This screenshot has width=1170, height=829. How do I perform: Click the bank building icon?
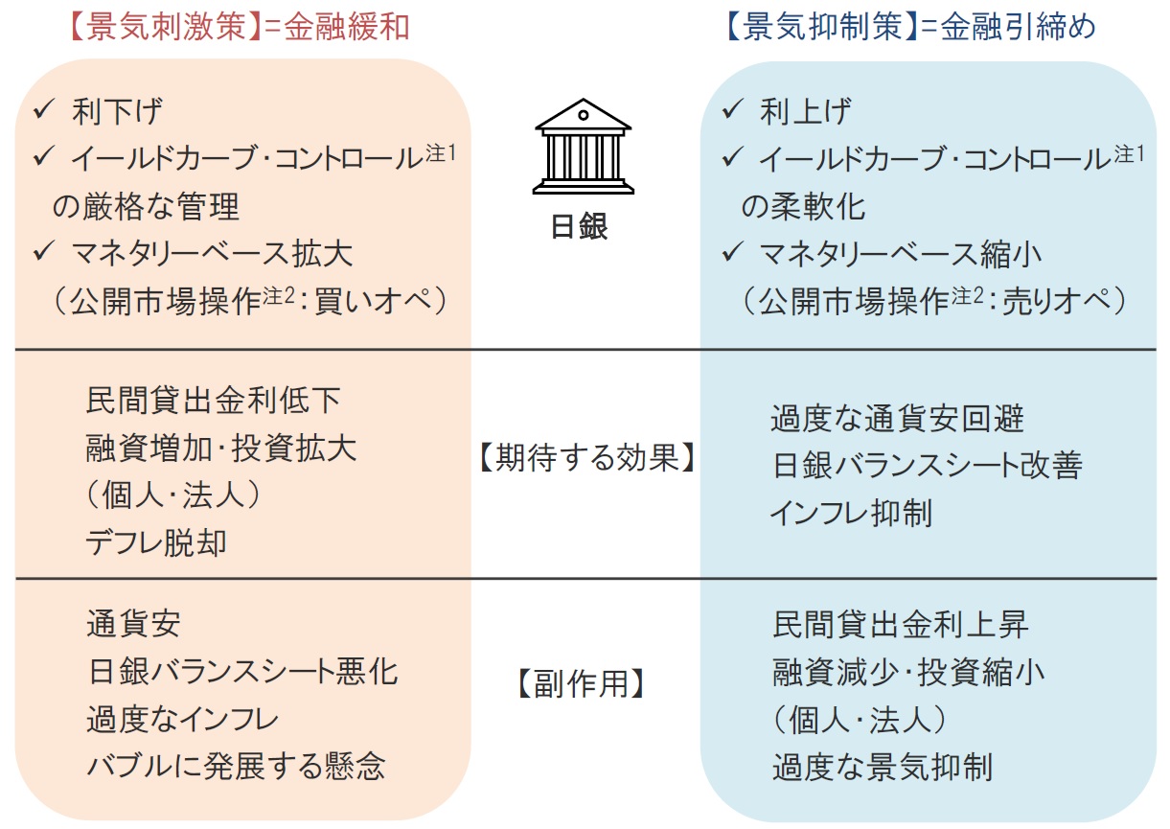(583, 147)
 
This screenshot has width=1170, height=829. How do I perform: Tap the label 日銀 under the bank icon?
(580, 226)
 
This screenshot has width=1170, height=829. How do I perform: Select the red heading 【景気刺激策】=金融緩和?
(240, 27)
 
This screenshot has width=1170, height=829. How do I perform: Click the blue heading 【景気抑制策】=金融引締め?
(910, 27)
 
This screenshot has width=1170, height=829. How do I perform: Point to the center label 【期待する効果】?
(587, 457)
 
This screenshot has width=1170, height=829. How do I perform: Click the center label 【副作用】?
(581, 683)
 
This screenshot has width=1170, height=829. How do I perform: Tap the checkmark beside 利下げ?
(43, 109)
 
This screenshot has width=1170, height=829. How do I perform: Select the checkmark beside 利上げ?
(732, 109)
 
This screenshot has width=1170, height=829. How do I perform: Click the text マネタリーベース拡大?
(212, 254)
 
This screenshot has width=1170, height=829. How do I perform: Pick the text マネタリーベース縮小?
(901, 254)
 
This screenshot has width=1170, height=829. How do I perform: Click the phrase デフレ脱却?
(156, 542)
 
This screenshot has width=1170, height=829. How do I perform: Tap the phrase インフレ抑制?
(851, 513)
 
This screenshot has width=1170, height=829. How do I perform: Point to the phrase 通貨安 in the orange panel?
(134, 624)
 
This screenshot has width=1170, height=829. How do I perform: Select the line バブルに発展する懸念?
(237, 767)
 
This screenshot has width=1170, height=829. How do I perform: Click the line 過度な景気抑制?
(883, 767)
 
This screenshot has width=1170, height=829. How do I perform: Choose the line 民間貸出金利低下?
(214, 401)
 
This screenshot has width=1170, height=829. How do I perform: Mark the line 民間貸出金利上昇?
(901, 624)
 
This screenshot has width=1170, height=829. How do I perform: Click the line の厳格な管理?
(147, 206)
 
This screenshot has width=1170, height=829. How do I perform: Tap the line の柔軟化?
(803, 206)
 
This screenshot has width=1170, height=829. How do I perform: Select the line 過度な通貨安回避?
(897, 418)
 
